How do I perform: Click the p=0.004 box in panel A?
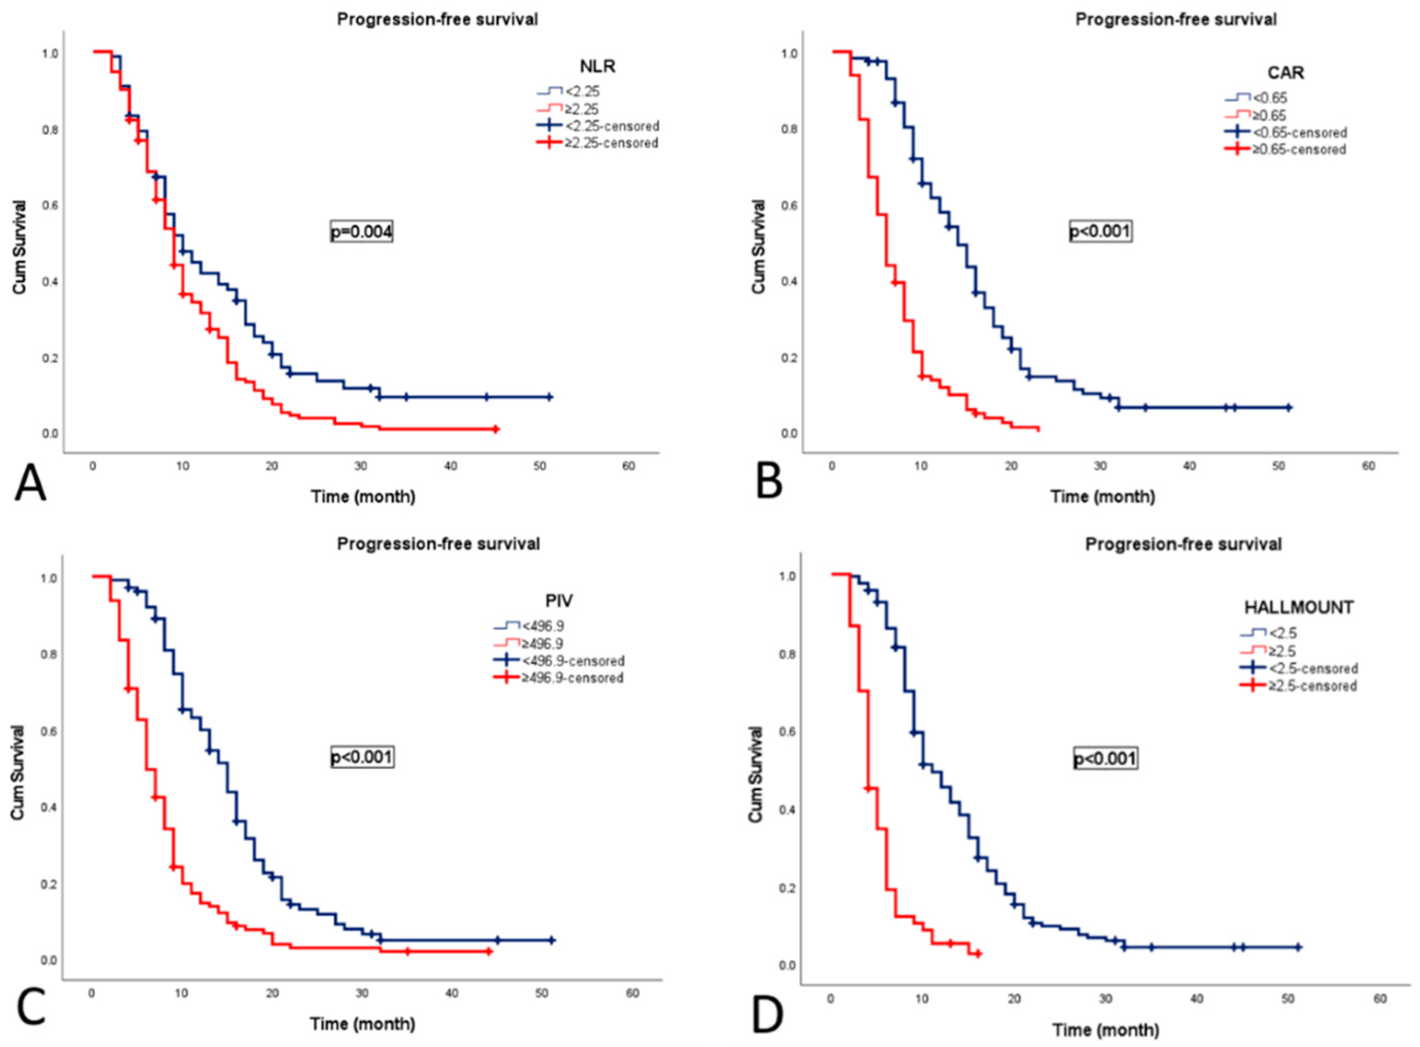(x=361, y=233)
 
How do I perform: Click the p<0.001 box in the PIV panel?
(x=362, y=757)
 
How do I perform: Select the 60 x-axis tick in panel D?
(x=1380, y=998)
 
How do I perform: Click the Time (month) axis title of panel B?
(x=1102, y=497)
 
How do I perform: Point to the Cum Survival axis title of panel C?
(x=19, y=772)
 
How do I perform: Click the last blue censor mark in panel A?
(x=549, y=397)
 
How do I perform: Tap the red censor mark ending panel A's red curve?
(x=496, y=429)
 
